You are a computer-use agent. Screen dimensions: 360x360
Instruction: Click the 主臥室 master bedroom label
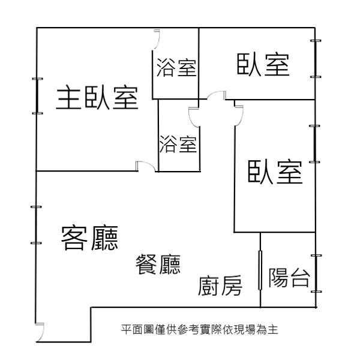97,97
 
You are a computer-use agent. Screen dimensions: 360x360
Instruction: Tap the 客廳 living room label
89,238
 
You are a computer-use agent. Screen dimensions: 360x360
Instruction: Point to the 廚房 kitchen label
220,286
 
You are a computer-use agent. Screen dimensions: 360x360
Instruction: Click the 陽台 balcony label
289,277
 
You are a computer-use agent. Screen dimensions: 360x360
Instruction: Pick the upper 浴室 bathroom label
176,67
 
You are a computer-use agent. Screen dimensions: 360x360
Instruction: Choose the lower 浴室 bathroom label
178,144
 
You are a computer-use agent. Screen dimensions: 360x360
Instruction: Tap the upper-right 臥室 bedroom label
263,65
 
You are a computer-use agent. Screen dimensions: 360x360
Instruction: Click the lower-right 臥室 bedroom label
275,172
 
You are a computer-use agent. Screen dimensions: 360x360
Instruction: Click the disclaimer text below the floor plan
200,329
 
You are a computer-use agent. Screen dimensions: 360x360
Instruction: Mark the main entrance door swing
40,332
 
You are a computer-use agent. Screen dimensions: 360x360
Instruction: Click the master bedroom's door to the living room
147,166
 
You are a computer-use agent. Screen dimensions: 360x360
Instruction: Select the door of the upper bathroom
157,39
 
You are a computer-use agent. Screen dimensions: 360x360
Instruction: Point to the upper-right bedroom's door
216,95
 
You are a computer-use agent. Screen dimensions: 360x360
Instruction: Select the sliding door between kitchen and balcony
260,270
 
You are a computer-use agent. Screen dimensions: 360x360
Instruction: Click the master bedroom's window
37,96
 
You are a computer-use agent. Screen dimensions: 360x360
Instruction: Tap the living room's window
36,225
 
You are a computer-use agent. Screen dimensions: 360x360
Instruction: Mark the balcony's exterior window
316,274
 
